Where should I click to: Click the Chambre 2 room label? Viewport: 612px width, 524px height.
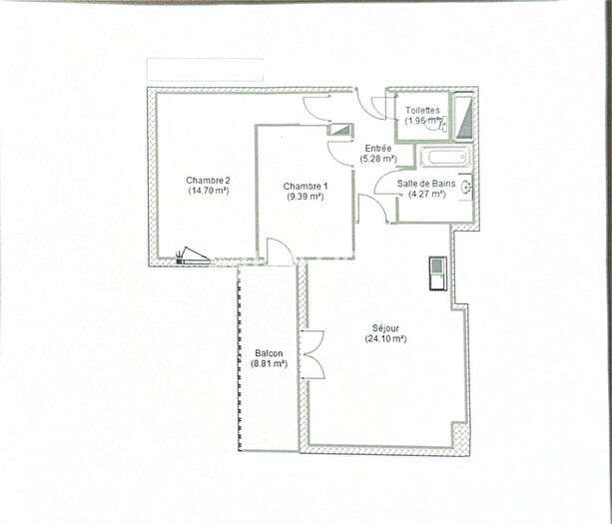coord(208,180)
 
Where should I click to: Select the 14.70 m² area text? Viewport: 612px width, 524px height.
coord(208,190)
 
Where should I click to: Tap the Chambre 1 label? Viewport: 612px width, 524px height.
coord(304,187)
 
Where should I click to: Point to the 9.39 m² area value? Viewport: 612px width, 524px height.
coord(304,197)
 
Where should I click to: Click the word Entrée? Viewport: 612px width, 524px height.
coord(377,149)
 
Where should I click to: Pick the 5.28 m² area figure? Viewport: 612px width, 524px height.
coord(377,159)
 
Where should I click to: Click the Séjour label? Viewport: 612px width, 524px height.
coord(384,328)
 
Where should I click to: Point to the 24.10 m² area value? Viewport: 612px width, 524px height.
coord(384,338)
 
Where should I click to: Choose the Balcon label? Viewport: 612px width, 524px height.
coord(269,354)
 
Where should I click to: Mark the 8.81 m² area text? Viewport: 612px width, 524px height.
coord(269,364)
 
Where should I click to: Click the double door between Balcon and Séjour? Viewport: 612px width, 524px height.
coord(312,353)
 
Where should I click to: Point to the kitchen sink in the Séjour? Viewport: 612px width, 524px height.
coord(438,271)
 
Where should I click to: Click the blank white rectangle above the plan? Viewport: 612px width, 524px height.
coord(205,69)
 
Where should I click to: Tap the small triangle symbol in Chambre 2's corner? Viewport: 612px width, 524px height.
coord(193,256)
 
